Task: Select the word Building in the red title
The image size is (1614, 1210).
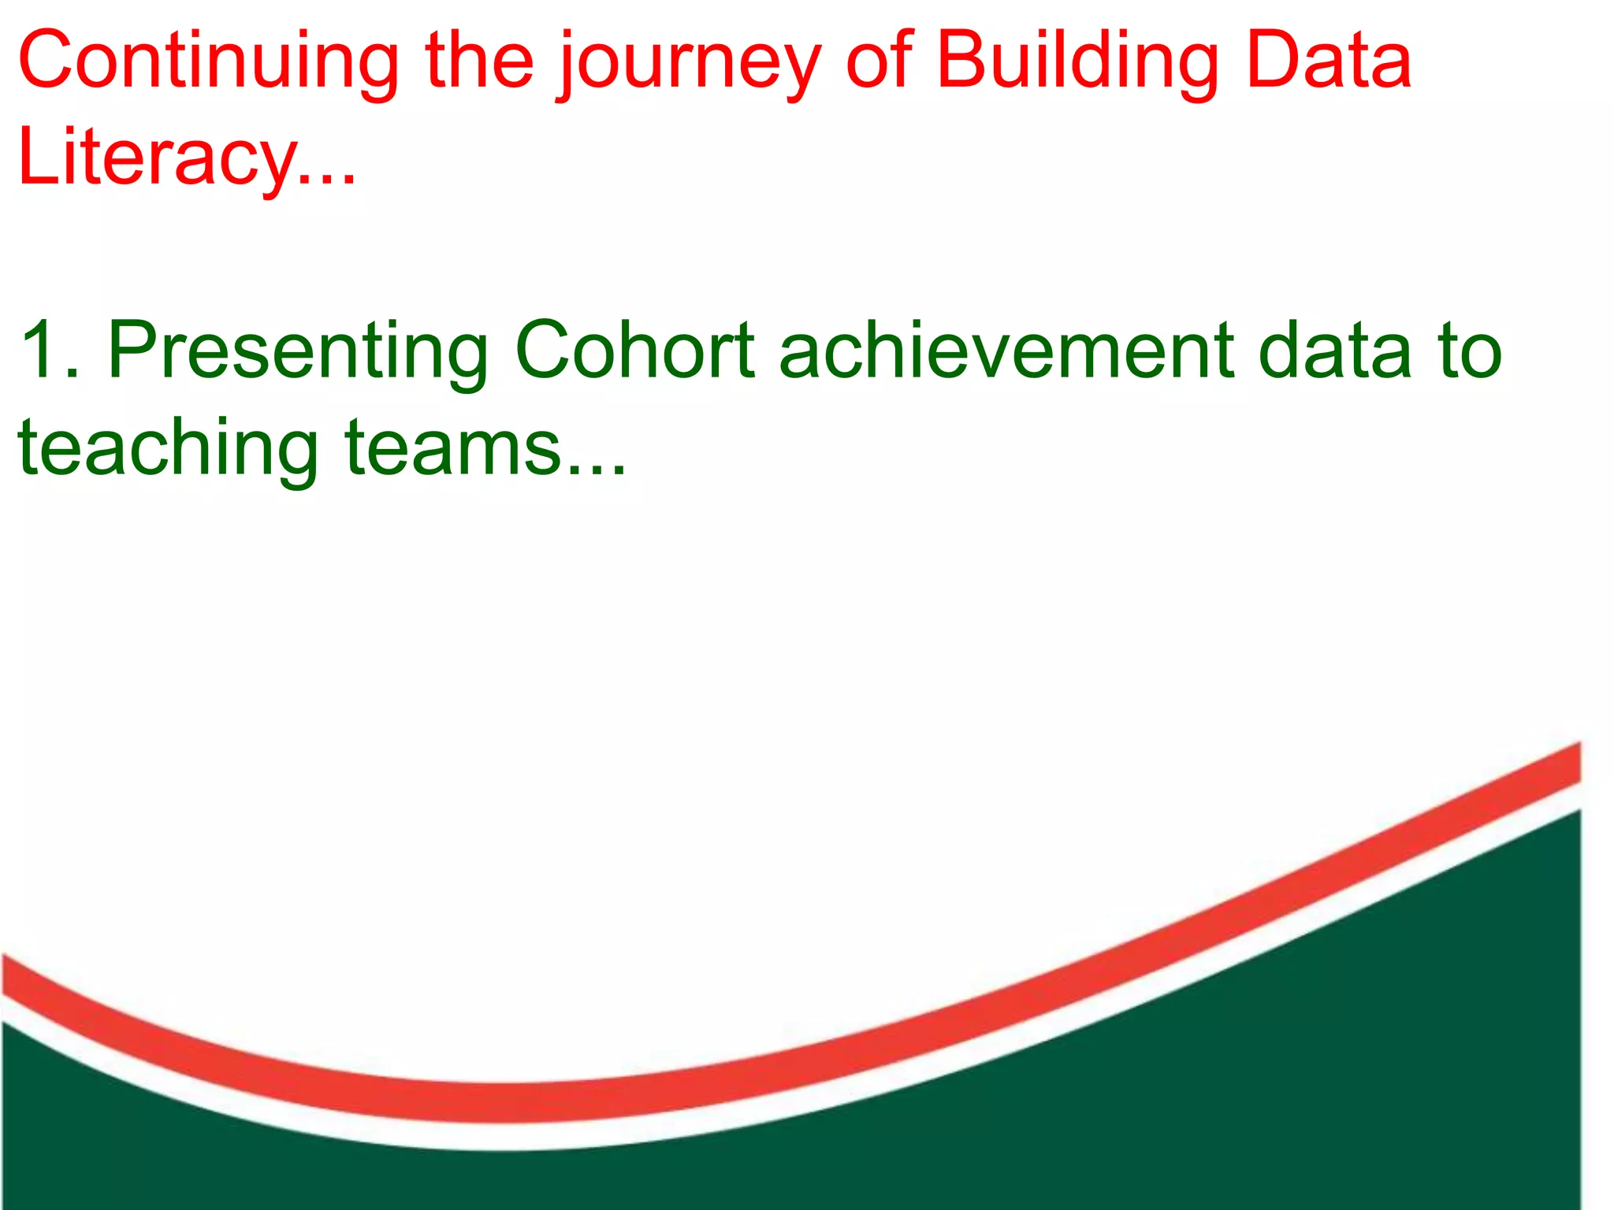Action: [x=1077, y=63]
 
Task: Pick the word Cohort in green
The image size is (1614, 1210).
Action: [x=634, y=351]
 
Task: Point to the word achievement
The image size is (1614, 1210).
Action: [x=1006, y=351]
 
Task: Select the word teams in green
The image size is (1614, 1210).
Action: [x=452, y=449]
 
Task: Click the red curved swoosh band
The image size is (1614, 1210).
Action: [x=504, y=1101]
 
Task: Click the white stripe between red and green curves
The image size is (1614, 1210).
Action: [x=504, y=1137]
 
